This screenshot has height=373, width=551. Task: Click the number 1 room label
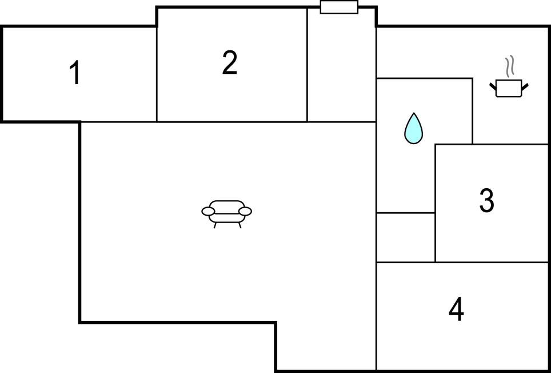point(74,73)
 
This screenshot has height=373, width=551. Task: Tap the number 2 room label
point(230,62)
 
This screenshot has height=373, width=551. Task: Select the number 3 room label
point(487,200)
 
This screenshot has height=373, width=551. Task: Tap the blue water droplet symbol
point(414,129)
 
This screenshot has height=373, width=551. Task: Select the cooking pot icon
point(509,88)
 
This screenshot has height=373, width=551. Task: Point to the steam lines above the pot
point(509,66)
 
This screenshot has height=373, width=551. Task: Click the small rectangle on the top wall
point(339,7)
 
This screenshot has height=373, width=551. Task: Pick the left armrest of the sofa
point(208,211)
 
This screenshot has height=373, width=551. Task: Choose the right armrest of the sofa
point(245,211)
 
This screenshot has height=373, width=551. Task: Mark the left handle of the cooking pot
point(493,86)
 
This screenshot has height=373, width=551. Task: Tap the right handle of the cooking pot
point(525,86)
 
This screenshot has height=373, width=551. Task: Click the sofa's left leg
point(215,225)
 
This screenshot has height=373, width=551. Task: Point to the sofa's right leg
point(240,225)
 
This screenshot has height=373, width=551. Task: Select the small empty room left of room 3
point(406,237)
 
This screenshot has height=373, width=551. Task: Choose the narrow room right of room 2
point(342,65)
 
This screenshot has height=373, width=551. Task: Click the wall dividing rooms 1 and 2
point(157,74)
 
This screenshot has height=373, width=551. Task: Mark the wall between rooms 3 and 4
point(492,262)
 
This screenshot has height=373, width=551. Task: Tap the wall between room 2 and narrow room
point(307,65)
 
